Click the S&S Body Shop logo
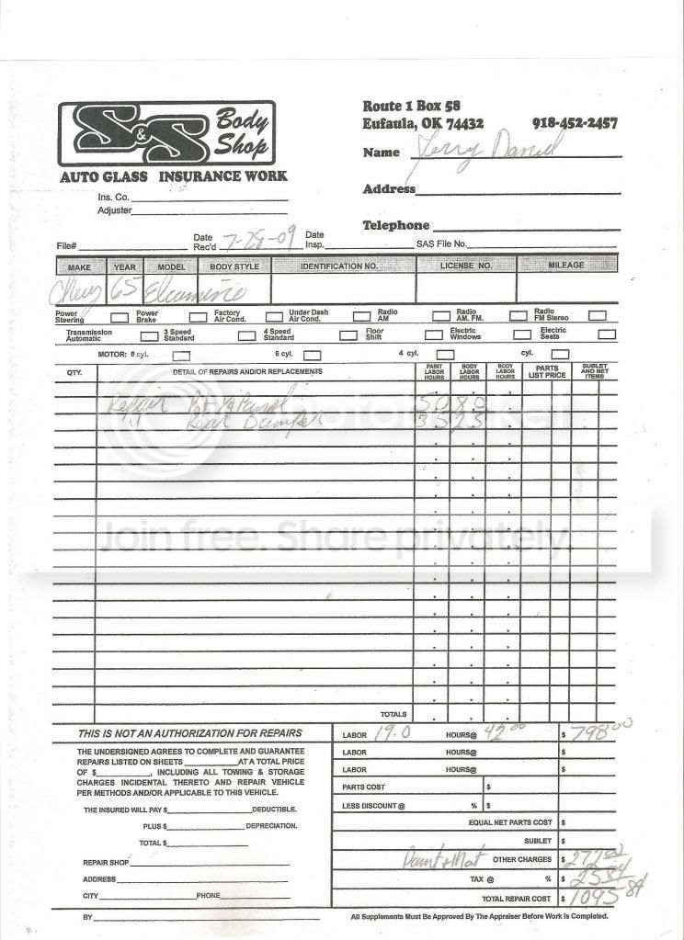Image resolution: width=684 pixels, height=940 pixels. tap(166, 134)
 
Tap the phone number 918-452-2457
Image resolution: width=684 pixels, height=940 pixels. tap(575, 123)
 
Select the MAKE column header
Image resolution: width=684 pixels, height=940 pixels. tap(80, 266)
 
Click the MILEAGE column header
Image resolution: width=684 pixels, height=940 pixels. tap(566, 266)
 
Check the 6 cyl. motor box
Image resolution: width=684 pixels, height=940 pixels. tap(313, 354)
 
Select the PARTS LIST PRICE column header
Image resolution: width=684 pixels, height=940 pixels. tap(547, 371)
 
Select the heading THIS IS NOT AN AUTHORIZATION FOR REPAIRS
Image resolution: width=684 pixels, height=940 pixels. tap(191, 734)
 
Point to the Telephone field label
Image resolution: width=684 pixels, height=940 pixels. tap(395, 225)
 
